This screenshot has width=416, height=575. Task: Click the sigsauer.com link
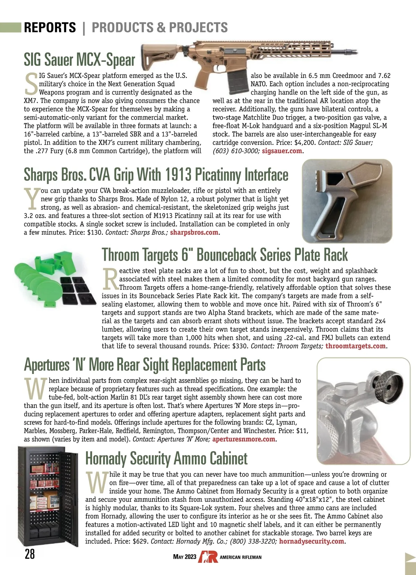[x=282, y=151]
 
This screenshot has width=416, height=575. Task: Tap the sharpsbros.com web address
[x=194, y=233]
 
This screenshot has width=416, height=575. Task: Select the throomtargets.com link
[x=355, y=346]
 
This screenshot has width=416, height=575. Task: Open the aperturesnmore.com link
[x=244, y=439]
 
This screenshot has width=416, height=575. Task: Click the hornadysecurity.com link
[x=311, y=541]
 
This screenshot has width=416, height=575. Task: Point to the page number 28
[x=30, y=554]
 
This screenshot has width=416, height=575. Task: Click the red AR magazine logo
[x=208, y=557]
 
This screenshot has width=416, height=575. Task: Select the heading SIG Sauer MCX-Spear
[x=79, y=60]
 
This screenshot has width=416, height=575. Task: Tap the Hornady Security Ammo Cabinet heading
[x=166, y=459]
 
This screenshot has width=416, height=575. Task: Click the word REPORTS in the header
[x=50, y=27]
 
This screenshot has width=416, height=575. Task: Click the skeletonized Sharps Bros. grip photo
[x=347, y=201]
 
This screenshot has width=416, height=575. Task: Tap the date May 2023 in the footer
[x=184, y=557]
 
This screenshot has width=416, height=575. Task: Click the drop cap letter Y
[x=32, y=199]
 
